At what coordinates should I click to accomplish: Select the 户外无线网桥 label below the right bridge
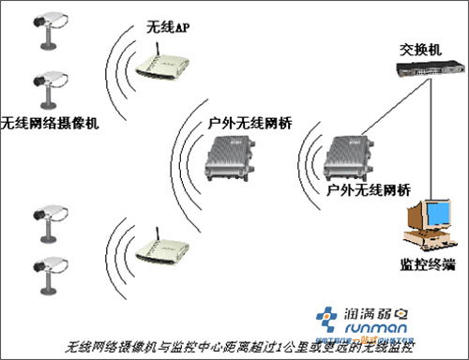click(x=370, y=190)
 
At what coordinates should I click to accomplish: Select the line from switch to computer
click(x=431, y=141)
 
